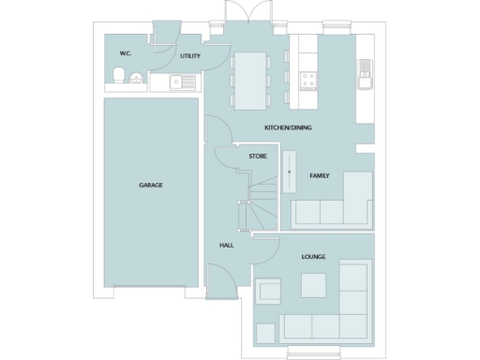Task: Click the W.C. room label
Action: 125,54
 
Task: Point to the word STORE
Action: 256,156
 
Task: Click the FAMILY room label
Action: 320,175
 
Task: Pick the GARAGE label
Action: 151,185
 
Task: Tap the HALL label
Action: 226,246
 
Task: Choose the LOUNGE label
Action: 313,256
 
